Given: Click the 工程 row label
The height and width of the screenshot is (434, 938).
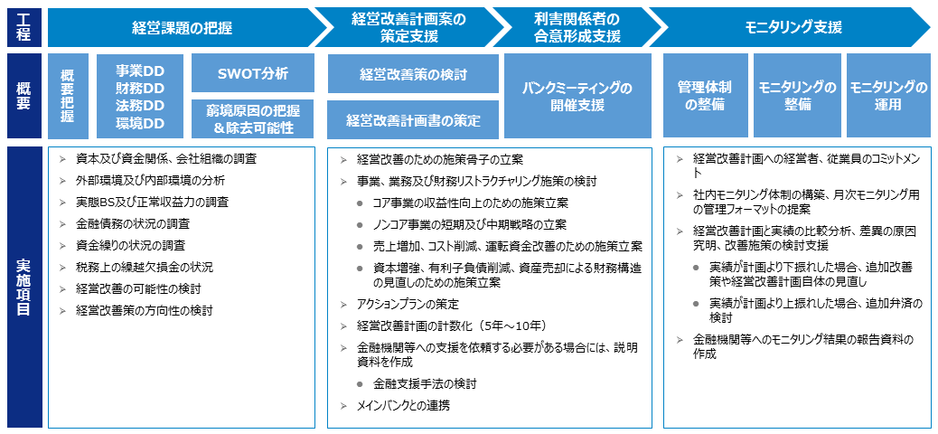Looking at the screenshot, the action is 24,27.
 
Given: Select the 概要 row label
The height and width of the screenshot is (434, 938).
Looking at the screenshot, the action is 24,96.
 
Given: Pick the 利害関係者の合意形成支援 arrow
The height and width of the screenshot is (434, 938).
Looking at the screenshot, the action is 577,27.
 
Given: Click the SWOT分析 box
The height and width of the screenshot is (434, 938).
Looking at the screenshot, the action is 252,73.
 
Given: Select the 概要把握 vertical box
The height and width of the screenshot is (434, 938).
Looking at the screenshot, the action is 68,96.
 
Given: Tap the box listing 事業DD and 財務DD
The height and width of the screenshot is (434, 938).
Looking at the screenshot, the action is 141,96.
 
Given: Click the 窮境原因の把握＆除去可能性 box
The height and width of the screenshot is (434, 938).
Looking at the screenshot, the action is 252,118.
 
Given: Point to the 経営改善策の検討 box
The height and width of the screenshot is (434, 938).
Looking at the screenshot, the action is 413,73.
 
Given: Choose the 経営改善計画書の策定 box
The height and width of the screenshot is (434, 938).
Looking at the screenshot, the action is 413,119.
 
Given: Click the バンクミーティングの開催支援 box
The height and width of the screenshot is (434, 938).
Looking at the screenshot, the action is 577,97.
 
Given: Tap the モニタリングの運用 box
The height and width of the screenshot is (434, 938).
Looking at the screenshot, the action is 888,96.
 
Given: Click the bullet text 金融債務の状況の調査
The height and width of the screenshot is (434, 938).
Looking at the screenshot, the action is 134,224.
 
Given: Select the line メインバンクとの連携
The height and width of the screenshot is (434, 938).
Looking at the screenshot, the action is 403,405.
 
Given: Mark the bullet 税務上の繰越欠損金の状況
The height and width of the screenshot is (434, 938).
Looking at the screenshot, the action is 145,267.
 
